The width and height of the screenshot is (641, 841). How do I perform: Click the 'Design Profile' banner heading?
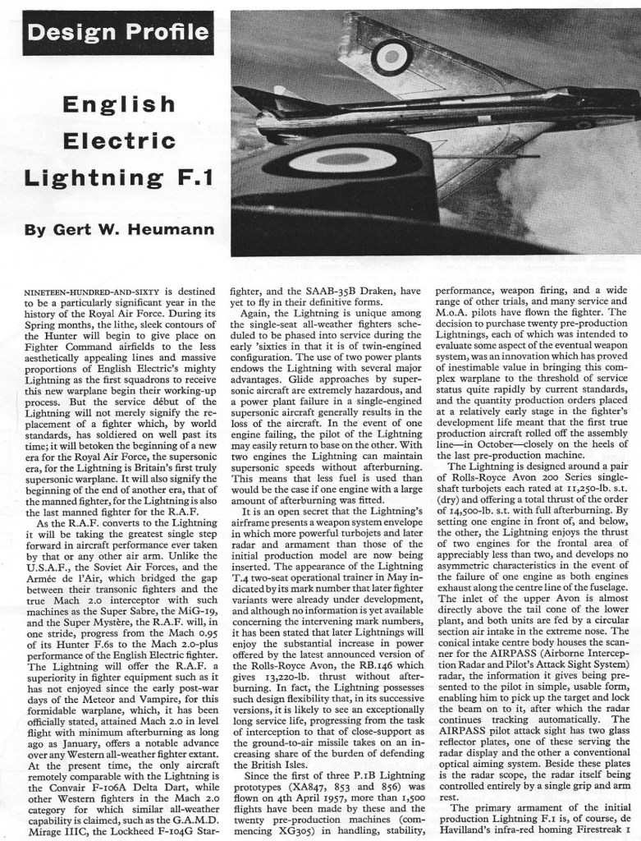[x=117, y=33]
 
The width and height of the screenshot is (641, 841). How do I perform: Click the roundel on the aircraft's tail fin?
[x=391, y=56]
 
